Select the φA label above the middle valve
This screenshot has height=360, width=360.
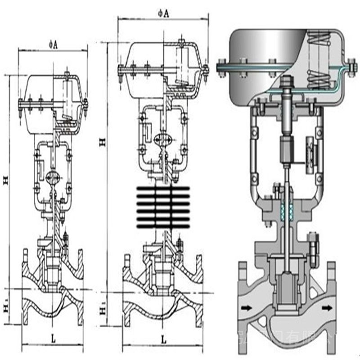tap(163, 13)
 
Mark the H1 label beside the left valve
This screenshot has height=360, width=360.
tap(6, 307)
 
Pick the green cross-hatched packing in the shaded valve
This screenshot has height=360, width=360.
tap(286, 211)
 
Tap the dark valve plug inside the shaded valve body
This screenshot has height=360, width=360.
tap(285, 290)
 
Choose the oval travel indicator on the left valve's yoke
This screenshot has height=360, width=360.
tap(54, 176)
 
